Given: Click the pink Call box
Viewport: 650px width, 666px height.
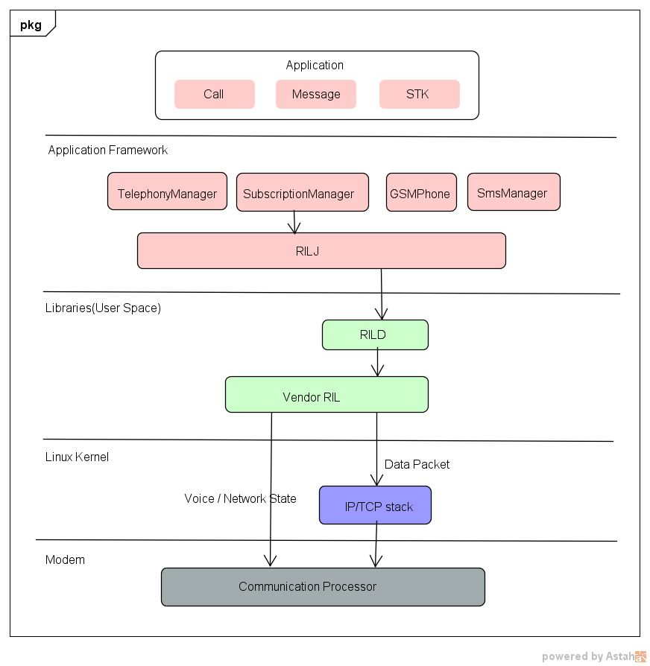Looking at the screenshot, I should point(214,95).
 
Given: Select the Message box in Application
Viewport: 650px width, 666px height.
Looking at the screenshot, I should point(316,95).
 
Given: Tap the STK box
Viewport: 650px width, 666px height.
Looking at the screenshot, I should point(418,95).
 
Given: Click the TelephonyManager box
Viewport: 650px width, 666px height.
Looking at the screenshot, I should point(167,193).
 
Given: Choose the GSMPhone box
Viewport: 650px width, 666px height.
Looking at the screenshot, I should point(420,193).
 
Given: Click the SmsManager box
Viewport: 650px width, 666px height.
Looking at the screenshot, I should point(513,193).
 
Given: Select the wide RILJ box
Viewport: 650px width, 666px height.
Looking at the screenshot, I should point(321,251).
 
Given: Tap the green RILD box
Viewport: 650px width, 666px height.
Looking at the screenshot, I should point(375,335).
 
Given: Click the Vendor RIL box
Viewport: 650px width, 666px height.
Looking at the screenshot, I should point(326,395).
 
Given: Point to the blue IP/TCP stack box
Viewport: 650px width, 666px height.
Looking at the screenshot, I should point(375,507).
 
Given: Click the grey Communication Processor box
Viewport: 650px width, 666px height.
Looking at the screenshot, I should point(323,587).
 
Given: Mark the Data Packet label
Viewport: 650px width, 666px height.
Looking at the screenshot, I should point(417,464).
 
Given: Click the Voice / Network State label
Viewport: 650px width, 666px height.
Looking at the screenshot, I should point(240,498).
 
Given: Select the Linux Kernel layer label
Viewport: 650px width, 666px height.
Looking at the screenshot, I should point(77,457).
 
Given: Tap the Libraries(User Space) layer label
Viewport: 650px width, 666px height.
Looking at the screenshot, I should point(103,308).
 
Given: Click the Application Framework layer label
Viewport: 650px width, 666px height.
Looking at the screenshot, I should point(107,150).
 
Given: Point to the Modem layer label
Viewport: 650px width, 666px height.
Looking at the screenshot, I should point(65,559).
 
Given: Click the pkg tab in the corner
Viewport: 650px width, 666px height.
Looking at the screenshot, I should point(31,25).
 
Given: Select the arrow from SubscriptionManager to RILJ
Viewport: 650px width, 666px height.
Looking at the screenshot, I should point(294,222).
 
